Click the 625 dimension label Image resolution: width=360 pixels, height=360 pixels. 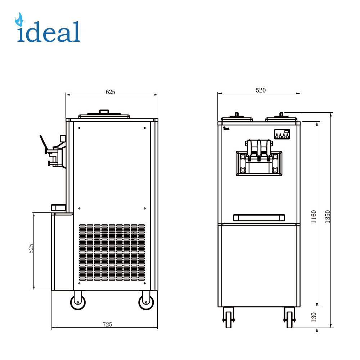(110, 92)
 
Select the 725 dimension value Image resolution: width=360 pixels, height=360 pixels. (107, 324)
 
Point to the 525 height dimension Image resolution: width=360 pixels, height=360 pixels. (31, 249)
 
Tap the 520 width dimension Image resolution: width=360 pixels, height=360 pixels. (261, 90)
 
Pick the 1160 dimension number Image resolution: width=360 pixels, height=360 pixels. (314, 216)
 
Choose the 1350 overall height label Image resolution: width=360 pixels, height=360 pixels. (327, 216)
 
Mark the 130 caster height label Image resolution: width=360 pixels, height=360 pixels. (314, 317)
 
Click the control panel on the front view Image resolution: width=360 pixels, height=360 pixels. (282, 134)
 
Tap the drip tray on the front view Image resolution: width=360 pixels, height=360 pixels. (259, 217)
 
